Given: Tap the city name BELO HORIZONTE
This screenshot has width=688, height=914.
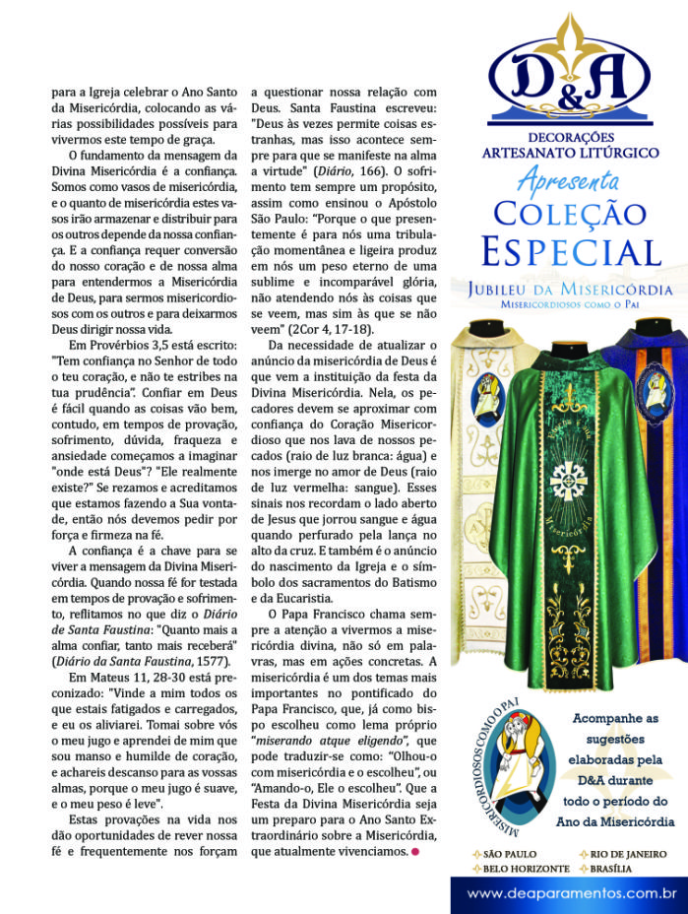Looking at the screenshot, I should pos(525,869).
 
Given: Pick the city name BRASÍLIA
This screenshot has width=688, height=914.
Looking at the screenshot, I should pos(617,869).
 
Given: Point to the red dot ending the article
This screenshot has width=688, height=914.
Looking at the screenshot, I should pos(417,851).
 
